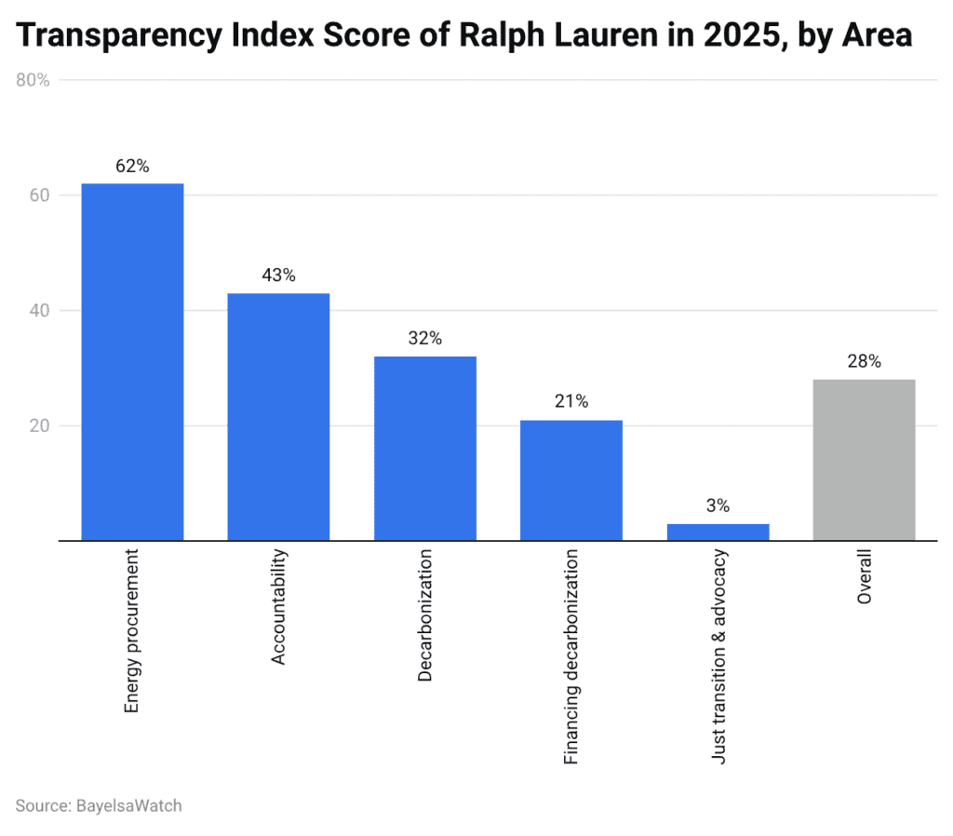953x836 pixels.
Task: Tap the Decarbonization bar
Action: click(425, 448)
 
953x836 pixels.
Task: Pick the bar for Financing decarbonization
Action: click(571, 479)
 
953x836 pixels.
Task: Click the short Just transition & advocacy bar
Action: click(718, 532)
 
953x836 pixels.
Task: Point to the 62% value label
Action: click(132, 167)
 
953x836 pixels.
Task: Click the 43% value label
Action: click(278, 276)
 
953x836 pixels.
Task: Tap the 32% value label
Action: click(425, 339)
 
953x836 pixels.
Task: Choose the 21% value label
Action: click(571, 402)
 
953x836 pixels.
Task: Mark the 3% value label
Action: click(718, 506)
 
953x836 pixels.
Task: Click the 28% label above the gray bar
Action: click(864, 362)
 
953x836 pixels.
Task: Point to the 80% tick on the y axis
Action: click(34, 80)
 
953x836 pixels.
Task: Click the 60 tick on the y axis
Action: click(38, 196)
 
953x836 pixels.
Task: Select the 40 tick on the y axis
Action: click(38, 311)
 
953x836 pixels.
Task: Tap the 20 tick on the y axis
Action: click(38, 425)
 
